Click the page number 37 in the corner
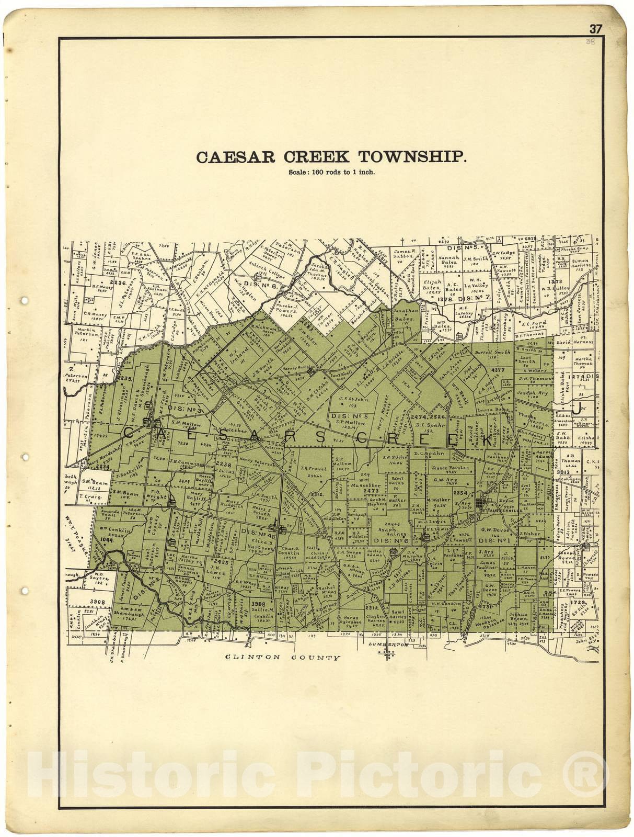coord(596,29)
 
